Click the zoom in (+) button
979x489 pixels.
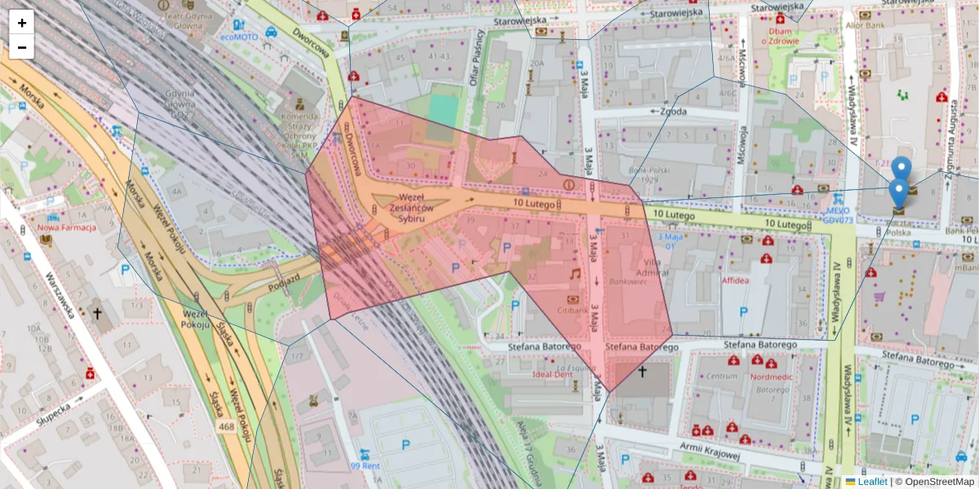point(22,23)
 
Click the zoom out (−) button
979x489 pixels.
point(22,47)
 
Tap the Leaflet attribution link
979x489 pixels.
point(872,482)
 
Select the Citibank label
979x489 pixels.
point(573,311)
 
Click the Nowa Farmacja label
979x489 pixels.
point(67,227)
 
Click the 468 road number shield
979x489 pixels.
point(227,427)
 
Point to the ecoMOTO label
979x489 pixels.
point(238,37)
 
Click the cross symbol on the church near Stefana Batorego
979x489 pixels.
point(642,372)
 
